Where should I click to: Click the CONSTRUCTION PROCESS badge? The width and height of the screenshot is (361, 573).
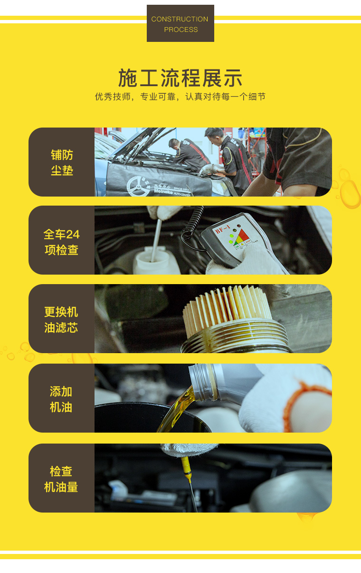point(180,23)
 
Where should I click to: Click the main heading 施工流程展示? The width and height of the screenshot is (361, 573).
point(180,78)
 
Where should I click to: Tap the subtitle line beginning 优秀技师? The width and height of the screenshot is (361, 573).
point(180,97)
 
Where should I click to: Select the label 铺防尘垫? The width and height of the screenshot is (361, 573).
point(62,162)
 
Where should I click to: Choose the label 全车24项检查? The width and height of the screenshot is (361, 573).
point(62,242)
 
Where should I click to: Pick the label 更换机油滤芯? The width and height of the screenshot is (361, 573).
point(61,319)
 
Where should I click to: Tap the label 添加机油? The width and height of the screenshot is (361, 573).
point(61,399)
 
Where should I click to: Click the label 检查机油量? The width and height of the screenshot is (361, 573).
point(61,479)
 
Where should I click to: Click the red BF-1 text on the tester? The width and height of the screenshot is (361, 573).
point(223,229)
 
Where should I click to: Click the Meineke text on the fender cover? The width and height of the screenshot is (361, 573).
point(163,191)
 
